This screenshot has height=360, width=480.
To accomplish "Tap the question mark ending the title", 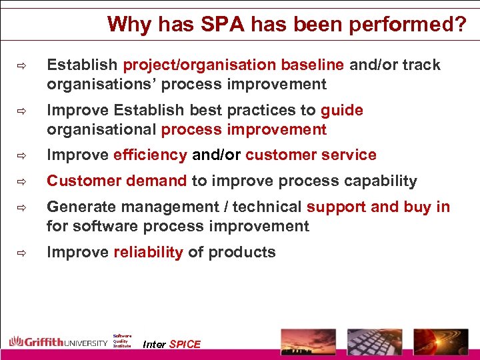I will (459, 25).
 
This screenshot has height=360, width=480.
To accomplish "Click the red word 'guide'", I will (342, 110).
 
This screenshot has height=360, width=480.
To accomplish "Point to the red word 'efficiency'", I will (150, 155).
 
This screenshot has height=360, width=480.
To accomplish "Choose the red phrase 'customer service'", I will (311, 155).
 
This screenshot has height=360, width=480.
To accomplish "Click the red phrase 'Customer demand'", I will (117, 181).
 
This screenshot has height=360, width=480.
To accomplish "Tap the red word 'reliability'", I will (148, 252).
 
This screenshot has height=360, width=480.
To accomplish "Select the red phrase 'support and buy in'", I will (378, 207).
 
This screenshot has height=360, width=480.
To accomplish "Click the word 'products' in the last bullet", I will (242, 252).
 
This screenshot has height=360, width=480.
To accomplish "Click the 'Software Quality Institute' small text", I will (122, 341).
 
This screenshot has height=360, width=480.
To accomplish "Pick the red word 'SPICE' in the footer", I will (185, 344).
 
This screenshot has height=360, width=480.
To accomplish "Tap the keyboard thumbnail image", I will (374, 341).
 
